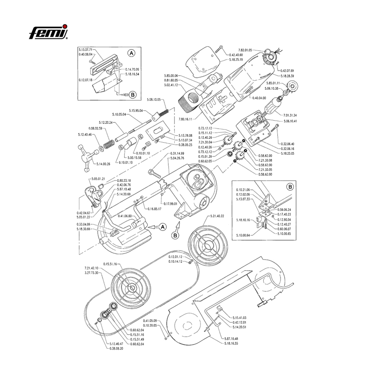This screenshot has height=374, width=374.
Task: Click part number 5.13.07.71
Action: [87, 49]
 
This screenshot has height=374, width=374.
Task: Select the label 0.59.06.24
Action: [283, 210]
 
